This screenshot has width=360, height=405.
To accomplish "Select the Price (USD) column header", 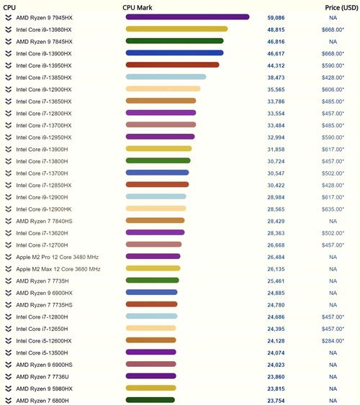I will (338, 6).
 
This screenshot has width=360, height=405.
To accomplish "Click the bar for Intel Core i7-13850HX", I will (166, 77).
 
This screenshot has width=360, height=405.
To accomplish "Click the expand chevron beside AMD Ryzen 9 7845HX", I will (8, 42).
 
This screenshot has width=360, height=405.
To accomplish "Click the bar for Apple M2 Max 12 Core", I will (153, 268).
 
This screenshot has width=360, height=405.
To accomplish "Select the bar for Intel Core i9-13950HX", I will (172, 65).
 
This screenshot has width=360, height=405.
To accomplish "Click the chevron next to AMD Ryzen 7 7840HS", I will (8, 221).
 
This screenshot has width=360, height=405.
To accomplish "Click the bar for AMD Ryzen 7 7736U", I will (150, 376).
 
